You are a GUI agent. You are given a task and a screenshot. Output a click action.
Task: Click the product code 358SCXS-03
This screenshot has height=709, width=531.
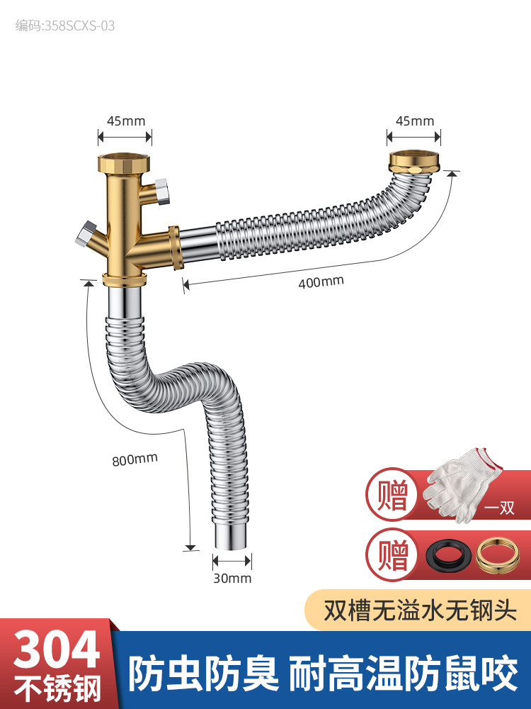tap(65, 26)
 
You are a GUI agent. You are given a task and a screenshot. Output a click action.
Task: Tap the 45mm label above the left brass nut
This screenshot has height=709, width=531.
tap(126, 121)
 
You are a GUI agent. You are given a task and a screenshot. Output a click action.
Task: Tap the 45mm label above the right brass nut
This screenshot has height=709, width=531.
tap(414, 121)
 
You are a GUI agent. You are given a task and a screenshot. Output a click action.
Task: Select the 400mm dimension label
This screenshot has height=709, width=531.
tap(321, 281)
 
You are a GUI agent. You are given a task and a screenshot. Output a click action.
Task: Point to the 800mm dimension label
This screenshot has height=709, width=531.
tap(135, 458)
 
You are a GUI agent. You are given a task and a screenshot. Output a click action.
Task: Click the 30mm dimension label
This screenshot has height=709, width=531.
tap(233, 578)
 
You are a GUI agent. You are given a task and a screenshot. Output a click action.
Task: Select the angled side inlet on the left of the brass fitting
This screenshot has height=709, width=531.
tap(89, 238)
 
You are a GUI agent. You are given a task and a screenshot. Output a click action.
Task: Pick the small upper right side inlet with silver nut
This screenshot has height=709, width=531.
tap(160, 191)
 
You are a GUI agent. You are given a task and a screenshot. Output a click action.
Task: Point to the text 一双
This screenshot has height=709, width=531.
tap(498, 508)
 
